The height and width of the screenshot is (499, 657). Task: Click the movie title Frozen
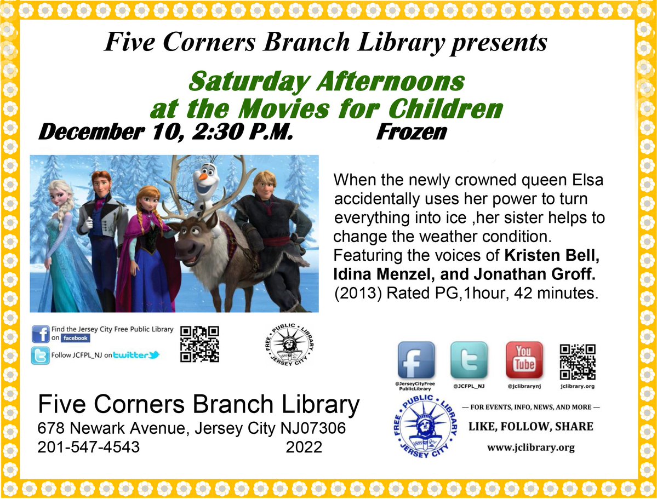click(x=412, y=132)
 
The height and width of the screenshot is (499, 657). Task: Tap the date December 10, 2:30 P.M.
click(x=165, y=132)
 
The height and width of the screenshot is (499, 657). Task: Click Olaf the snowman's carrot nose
click(x=203, y=176)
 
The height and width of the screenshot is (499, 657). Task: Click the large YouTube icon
click(x=524, y=360)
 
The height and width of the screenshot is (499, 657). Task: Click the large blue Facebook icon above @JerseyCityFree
click(x=416, y=360)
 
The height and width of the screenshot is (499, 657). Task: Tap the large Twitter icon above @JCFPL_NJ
click(x=469, y=360)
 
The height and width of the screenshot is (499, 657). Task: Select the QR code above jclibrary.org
click(x=578, y=362)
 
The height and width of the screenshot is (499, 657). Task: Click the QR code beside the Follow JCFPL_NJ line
click(x=199, y=344)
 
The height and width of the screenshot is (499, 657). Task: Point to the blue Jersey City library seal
click(x=425, y=427)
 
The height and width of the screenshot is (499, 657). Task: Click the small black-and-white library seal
click(x=289, y=345)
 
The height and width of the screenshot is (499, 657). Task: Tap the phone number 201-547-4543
click(x=88, y=446)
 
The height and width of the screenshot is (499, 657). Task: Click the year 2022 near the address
click(x=304, y=447)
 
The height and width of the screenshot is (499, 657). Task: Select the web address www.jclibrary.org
click(x=530, y=448)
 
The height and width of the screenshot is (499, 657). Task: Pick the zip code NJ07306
click(x=313, y=428)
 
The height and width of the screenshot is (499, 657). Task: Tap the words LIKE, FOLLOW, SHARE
click(x=530, y=427)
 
